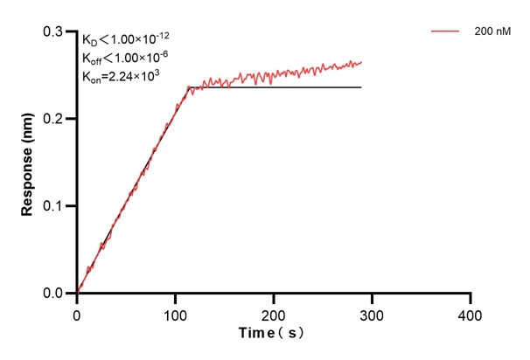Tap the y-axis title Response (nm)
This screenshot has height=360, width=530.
point(28,162)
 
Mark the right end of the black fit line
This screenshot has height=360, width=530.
point(361,87)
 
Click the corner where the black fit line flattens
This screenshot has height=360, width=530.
point(189,87)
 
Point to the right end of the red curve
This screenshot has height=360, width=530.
point(361,62)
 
